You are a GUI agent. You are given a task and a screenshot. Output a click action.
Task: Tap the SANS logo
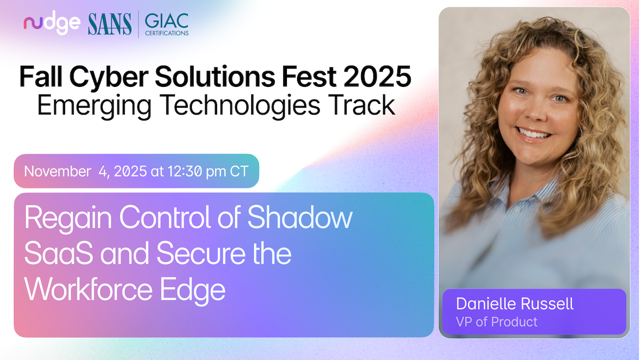(x=110, y=25)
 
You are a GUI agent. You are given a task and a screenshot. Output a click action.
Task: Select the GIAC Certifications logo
(x=166, y=25)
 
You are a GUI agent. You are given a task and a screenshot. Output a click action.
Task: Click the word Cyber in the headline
(x=109, y=77)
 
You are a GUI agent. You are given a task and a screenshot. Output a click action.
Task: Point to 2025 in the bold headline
(x=378, y=77)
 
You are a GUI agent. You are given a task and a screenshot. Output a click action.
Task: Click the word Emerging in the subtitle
(x=94, y=106)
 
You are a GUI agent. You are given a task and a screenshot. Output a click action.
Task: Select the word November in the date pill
(x=58, y=171)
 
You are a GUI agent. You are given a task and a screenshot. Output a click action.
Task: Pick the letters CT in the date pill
(x=239, y=171)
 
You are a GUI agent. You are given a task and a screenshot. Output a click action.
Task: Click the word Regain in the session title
(x=68, y=219)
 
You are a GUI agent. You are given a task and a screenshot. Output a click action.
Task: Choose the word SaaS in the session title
(x=59, y=253)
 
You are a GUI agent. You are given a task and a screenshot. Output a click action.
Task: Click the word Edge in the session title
(x=193, y=291)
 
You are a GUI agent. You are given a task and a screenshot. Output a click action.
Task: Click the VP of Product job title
(x=497, y=322)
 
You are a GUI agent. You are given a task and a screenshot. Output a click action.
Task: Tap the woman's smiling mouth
(x=534, y=134)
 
